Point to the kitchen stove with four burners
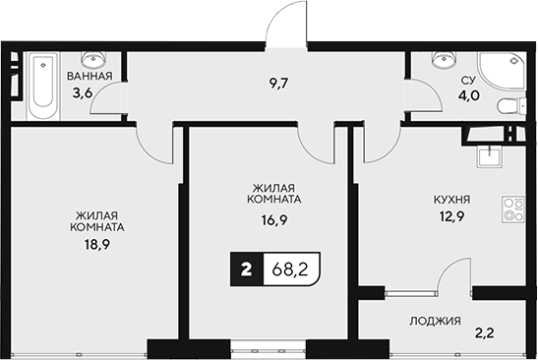point(513,209)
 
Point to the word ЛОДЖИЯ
point(433,320)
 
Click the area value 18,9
point(96,242)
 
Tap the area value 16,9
point(275,222)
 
